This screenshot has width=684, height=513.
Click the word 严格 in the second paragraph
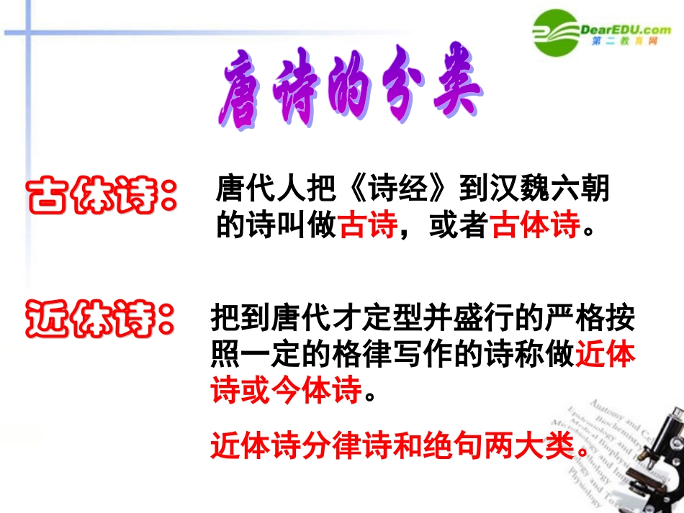coord(574,317)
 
